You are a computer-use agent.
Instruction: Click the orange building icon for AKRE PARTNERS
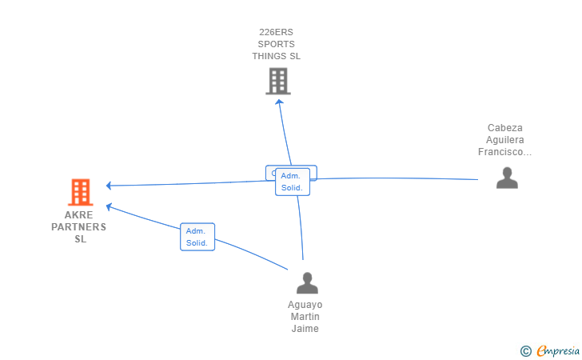point(80,192)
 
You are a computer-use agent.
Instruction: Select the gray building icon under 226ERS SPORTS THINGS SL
point(277,81)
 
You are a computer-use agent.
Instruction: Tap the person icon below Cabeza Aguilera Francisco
point(507,178)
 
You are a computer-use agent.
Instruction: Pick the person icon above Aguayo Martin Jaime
point(307,283)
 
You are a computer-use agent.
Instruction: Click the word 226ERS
point(276,32)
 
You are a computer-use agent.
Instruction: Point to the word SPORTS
point(276,44)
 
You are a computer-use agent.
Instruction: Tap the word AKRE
point(79,215)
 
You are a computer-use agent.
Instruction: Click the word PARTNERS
point(79,227)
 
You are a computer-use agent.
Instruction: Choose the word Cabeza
point(504,128)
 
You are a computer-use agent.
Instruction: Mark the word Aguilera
point(504,140)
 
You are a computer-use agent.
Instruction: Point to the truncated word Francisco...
point(504,152)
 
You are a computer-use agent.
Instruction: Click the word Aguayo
point(305,305)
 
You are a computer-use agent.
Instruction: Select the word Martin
point(305,317)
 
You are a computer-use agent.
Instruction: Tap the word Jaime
point(305,329)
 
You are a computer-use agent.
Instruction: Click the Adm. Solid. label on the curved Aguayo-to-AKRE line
point(197,237)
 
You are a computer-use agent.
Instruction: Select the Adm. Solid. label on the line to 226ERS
point(293,182)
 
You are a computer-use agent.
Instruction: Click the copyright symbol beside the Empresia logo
point(525,350)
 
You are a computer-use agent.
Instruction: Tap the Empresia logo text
point(559,350)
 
